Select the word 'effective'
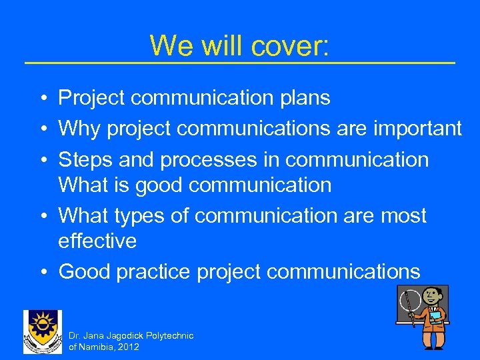click(97, 241)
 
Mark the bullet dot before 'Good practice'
click(41, 272)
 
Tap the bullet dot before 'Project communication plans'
click(41, 98)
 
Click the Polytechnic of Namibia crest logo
click(43, 331)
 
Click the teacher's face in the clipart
click(433, 296)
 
